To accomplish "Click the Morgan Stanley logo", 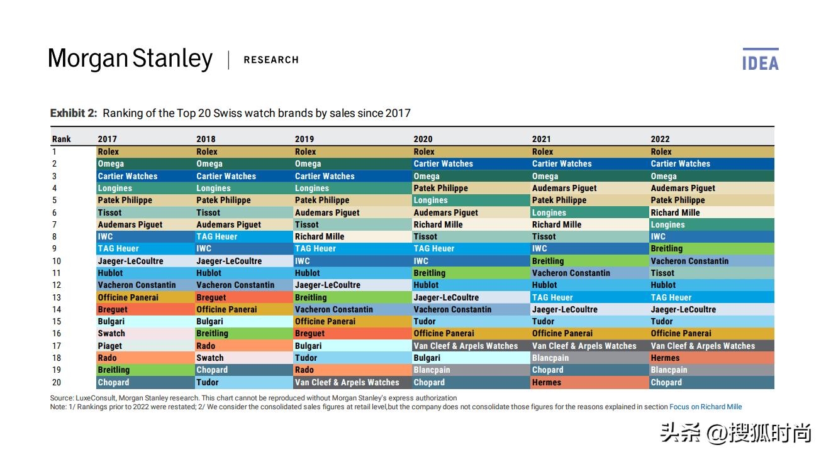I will (130, 59).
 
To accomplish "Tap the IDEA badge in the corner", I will (760, 60).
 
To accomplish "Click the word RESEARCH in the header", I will (271, 60).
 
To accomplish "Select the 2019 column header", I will (304, 139).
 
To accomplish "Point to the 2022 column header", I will (660, 139).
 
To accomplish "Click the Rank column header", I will (62, 139).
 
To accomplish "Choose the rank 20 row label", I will (57, 382).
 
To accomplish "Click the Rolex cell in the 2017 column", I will (108, 151).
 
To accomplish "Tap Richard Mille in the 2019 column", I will (319, 236).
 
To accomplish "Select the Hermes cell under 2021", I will (546, 382).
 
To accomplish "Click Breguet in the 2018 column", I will (211, 297).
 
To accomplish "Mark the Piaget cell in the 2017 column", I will (110, 346).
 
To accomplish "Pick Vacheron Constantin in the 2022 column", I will (689, 261).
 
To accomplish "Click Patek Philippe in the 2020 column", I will (440, 188).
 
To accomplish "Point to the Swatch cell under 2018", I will (209, 358).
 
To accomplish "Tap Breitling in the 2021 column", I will (548, 261).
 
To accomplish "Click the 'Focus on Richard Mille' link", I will (705, 407).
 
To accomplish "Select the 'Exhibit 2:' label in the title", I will (74, 113).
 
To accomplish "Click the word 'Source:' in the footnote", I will (61, 398).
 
